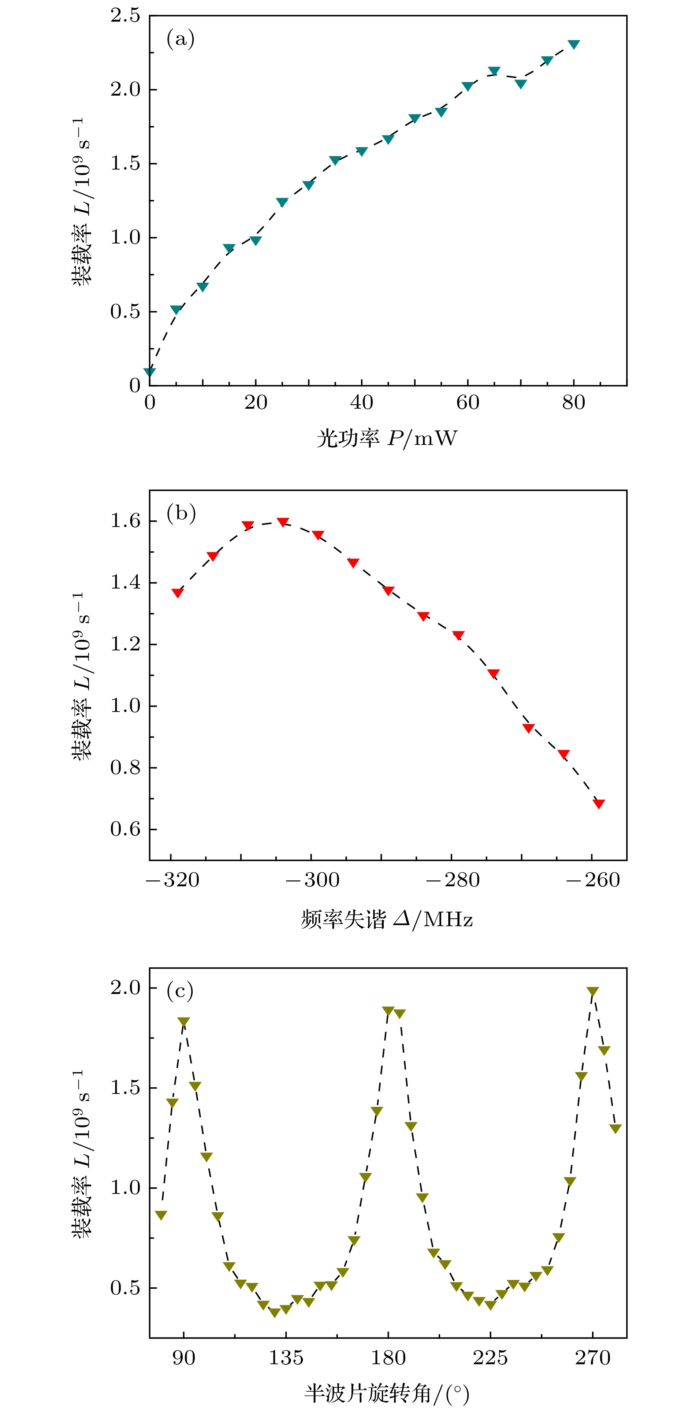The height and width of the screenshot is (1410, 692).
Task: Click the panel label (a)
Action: pos(180,40)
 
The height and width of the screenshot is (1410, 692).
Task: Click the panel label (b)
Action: pos(181,513)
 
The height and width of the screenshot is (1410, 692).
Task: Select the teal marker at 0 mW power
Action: pos(149,372)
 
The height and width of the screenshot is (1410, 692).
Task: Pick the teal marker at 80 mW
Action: pos(573,44)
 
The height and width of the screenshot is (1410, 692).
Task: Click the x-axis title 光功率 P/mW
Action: pos(386,438)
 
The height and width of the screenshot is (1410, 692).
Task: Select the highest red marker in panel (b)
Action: pos(283,522)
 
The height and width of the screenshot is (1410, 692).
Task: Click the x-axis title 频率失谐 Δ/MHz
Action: pos(386,919)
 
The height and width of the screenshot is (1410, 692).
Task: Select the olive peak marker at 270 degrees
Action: pos(592,991)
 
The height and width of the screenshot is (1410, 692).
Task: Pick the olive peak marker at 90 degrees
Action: pos(184,1022)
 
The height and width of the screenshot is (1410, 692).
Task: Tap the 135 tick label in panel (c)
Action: pos(286,1358)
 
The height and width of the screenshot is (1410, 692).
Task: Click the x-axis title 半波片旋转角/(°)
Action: pos(386,1393)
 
